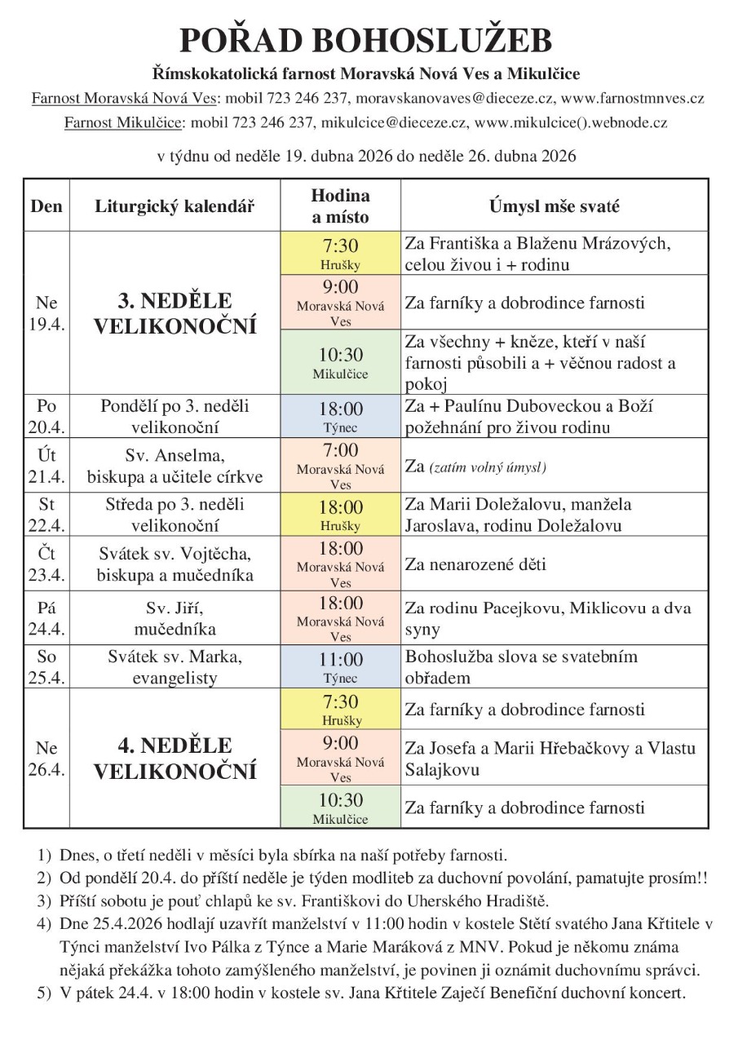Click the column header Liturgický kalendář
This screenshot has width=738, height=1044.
175,206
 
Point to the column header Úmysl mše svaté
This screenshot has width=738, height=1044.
554,206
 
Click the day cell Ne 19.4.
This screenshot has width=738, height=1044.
46,313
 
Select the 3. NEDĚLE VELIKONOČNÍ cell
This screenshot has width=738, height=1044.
175,313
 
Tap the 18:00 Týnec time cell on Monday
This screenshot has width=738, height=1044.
340,416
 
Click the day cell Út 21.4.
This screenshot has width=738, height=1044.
46,464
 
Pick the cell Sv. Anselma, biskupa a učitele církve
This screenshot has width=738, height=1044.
175,464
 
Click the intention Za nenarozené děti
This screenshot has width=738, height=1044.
475,564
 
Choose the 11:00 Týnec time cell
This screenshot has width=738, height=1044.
340,666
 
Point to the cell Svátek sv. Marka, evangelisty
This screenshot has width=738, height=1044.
175,666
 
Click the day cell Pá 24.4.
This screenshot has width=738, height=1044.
46,617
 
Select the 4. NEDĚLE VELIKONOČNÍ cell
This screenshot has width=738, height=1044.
175,759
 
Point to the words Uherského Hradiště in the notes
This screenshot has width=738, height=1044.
493,901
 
